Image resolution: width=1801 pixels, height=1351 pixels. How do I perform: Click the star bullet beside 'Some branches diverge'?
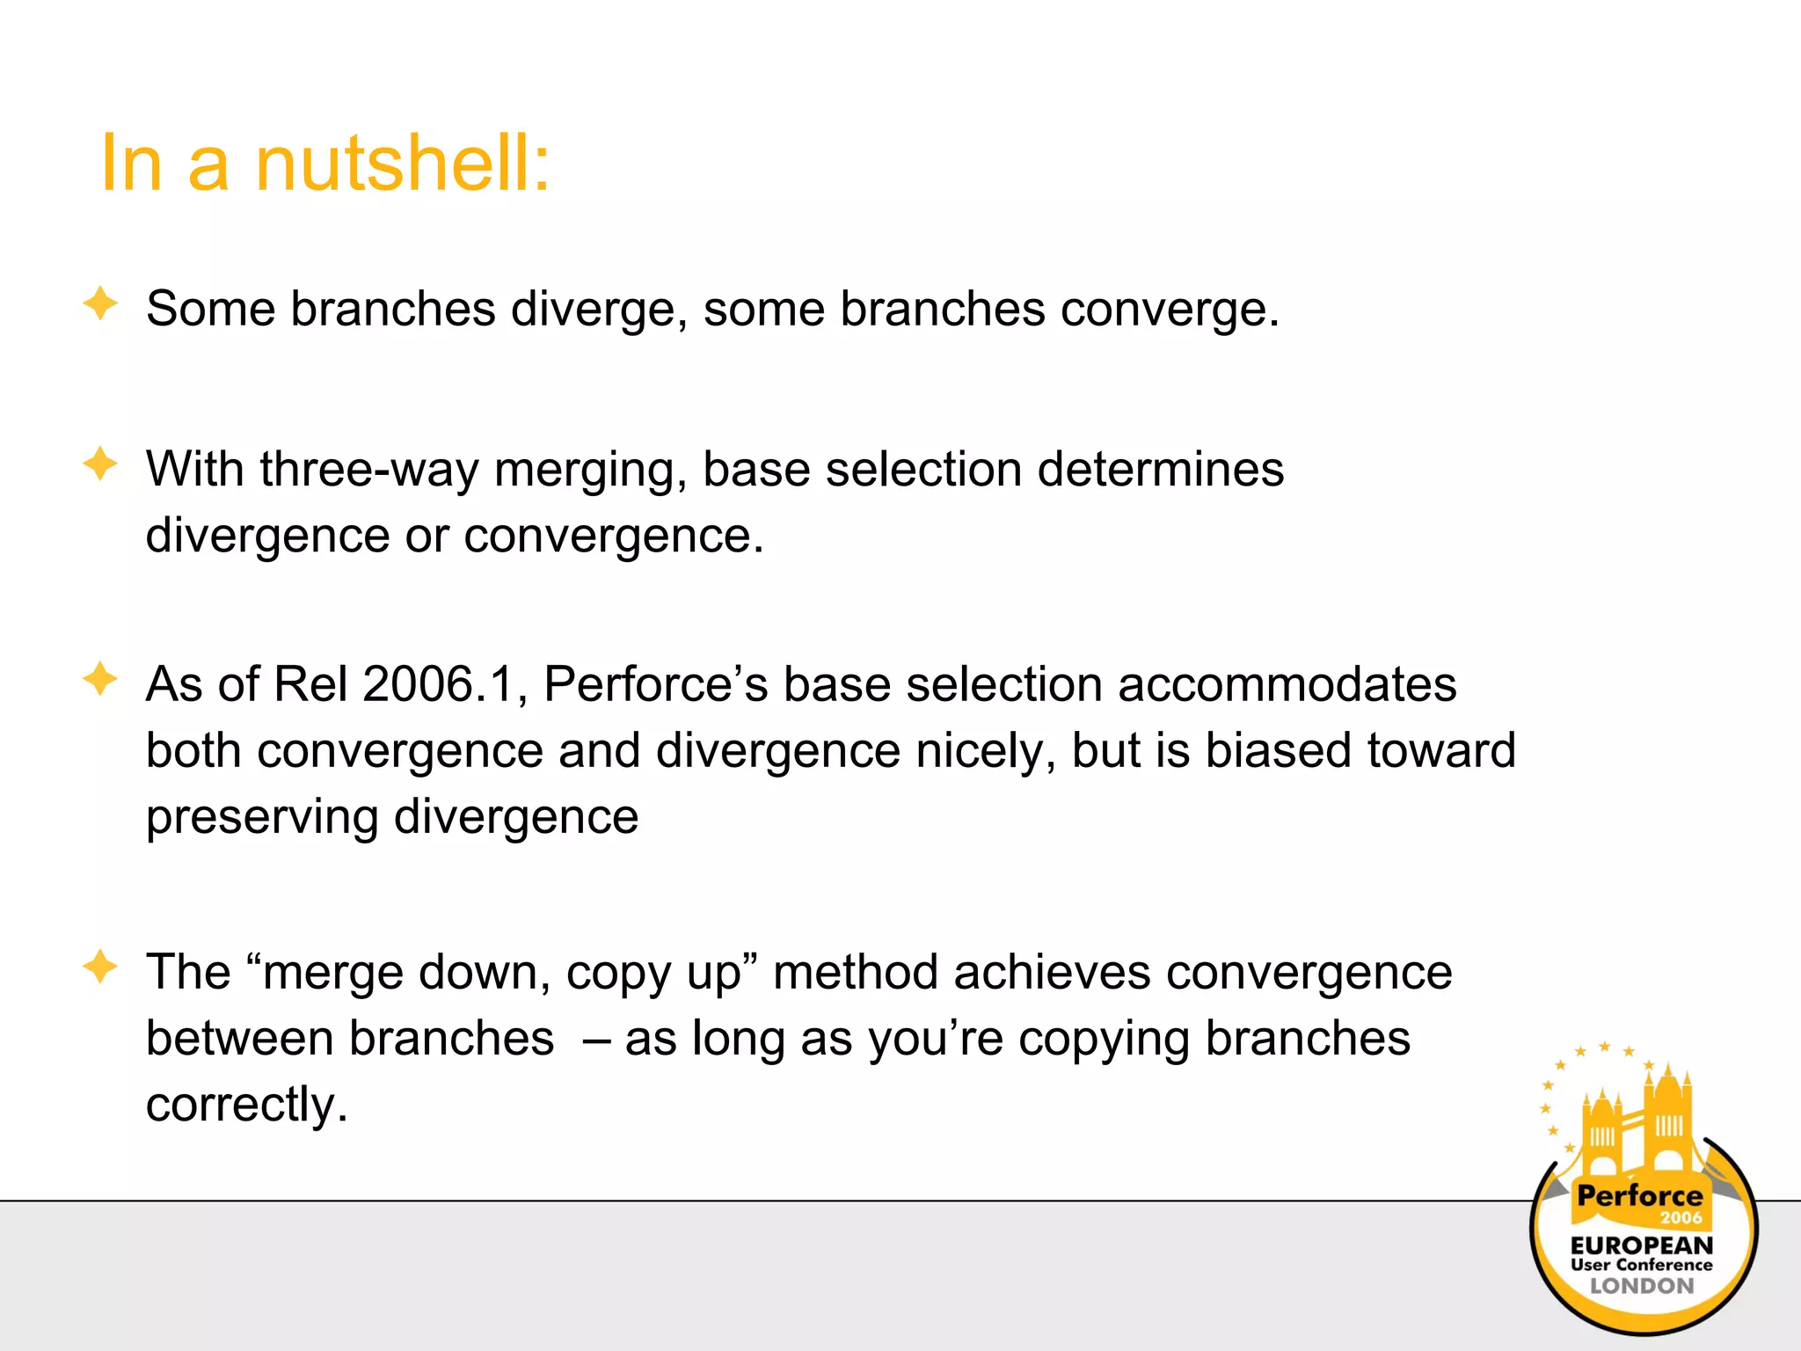[100, 304]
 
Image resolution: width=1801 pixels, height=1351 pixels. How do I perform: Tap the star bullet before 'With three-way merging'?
[100, 464]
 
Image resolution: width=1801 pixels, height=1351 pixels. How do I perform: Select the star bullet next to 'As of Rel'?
[100, 680]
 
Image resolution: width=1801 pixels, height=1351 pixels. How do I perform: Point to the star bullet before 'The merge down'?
[100, 968]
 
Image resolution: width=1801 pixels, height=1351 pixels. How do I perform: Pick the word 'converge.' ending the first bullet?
[1169, 310]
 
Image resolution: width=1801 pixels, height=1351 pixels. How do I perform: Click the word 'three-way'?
[369, 470]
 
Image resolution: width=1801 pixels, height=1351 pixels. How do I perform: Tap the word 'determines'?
[1160, 470]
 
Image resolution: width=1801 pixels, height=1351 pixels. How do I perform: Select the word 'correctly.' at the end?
[247, 1106]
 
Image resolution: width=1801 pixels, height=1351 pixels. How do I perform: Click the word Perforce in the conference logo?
[1639, 1196]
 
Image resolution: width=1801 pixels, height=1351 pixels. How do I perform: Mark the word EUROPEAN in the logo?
[1641, 1245]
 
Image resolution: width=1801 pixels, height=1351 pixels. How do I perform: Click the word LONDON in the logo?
[1641, 1286]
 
